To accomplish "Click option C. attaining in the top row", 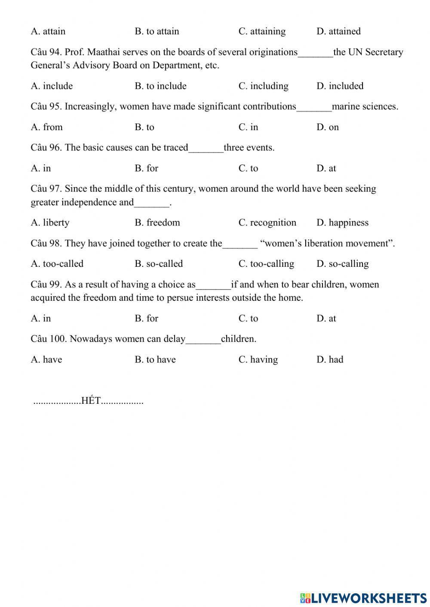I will click(262, 31).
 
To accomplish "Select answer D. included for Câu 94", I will click(340, 86).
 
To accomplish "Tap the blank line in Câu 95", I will click(314, 107).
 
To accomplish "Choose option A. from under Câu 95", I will click(46, 127).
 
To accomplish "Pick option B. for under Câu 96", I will click(146, 168).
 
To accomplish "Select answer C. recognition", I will click(267, 223).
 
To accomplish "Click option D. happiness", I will click(342, 223).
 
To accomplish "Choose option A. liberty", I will click(50, 223).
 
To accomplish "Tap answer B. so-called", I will click(158, 264).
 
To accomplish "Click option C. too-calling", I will click(266, 264).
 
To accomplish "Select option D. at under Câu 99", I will click(326, 318).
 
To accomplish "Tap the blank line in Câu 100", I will click(203, 339).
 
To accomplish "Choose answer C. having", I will click(258, 360).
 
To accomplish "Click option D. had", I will click(330, 360).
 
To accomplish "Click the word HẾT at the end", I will click(91, 401).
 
